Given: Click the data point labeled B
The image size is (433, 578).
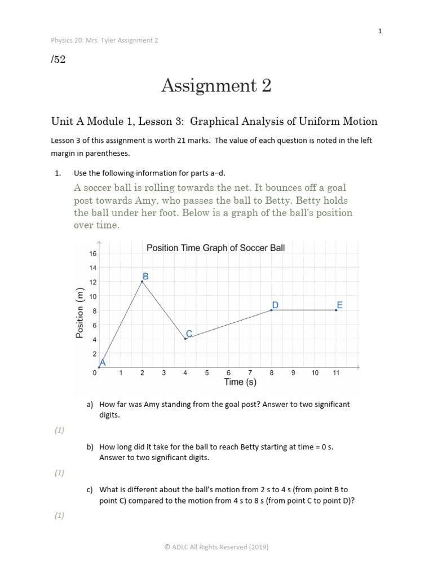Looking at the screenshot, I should click(x=142, y=281).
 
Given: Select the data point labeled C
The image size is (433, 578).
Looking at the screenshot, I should click(x=185, y=339).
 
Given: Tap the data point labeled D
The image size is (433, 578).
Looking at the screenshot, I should click(x=272, y=310).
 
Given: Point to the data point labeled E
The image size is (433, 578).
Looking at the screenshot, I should click(x=337, y=310).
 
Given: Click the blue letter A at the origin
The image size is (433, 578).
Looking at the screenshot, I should click(x=103, y=363).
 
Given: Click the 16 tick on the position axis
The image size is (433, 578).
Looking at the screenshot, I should click(x=93, y=253).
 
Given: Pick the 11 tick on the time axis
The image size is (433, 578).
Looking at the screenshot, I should click(x=337, y=373).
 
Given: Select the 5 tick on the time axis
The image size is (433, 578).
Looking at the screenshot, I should click(x=207, y=373).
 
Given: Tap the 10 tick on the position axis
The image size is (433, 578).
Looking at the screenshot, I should click(x=93, y=296).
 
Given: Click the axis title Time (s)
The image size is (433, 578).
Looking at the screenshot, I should click(x=240, y=382).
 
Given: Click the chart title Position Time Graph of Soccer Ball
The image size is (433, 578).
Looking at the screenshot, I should click(x=216, y=248).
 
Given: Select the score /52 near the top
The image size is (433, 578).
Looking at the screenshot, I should click(x=58, y=59).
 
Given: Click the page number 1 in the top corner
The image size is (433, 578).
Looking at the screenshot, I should click(x=380, y=31).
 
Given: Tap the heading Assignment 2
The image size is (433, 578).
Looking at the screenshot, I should click(x=216, y=86).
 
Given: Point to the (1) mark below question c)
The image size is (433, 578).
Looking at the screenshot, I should click(x=59, y=515).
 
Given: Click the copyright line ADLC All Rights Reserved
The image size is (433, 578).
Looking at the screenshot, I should click(x=216, y=547).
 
